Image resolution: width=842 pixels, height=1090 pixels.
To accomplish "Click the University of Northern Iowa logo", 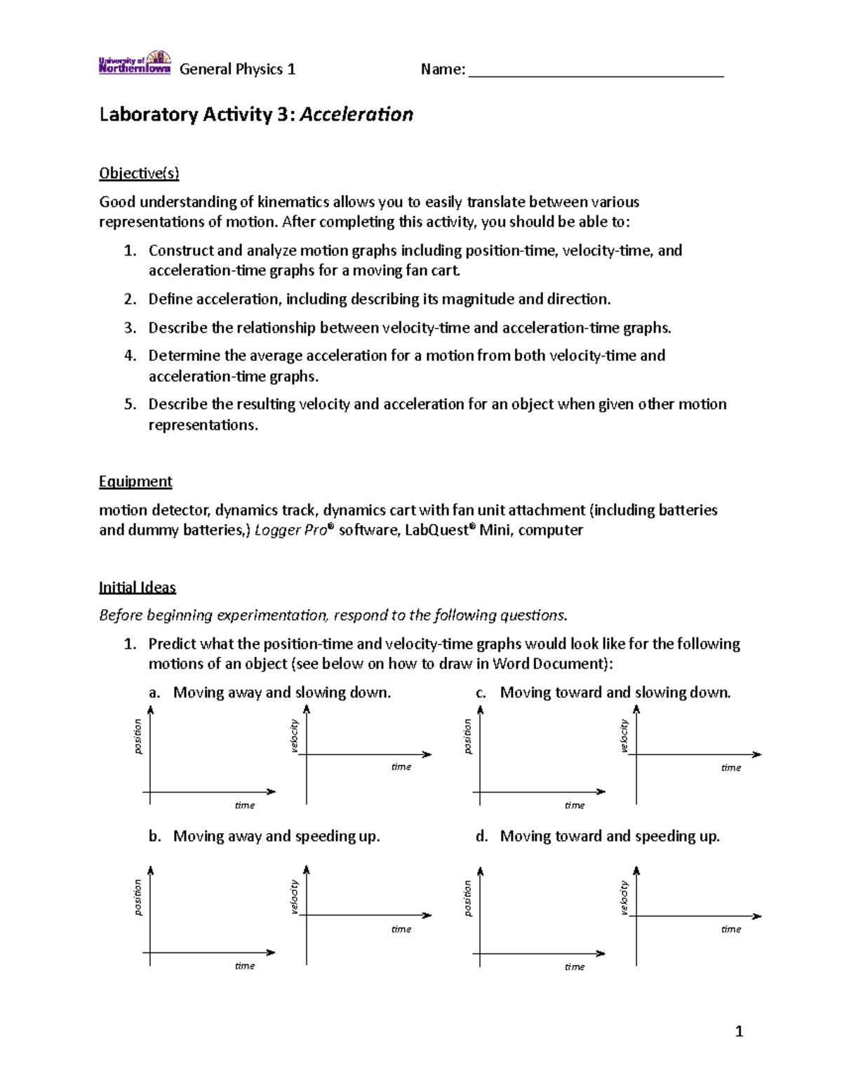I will [135, 62].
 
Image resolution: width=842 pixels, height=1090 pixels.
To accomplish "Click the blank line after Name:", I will [596, 70].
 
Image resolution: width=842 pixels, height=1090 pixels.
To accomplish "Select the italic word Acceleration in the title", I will [356, 114].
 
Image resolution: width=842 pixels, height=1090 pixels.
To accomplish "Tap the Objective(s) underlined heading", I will [139, 173].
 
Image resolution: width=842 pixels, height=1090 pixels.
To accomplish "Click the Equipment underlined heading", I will [135, 481].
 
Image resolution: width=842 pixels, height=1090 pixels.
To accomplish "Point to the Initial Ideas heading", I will [138, 587].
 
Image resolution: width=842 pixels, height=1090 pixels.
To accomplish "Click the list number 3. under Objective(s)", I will [130, 328].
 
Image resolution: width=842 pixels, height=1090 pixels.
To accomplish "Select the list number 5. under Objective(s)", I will [130, 404].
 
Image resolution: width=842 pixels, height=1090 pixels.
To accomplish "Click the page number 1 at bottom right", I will [738, 1031].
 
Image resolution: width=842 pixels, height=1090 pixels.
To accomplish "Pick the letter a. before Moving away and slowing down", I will [154, 693].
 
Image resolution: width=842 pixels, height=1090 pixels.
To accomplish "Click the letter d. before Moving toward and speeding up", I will [481, 837].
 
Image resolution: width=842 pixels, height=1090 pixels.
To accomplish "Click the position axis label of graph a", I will [138, 737].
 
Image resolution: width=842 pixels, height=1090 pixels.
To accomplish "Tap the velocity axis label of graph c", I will [624, 736].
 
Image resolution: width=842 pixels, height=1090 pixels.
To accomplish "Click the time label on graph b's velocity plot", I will [401, 929].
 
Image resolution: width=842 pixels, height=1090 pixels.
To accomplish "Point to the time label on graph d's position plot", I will [575, 967].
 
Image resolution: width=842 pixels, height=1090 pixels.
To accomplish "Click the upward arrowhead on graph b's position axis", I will [150, 871].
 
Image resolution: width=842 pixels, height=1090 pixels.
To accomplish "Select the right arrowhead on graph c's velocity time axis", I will [757, 755].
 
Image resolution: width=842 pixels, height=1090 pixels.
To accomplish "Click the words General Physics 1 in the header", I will [237, 69].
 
